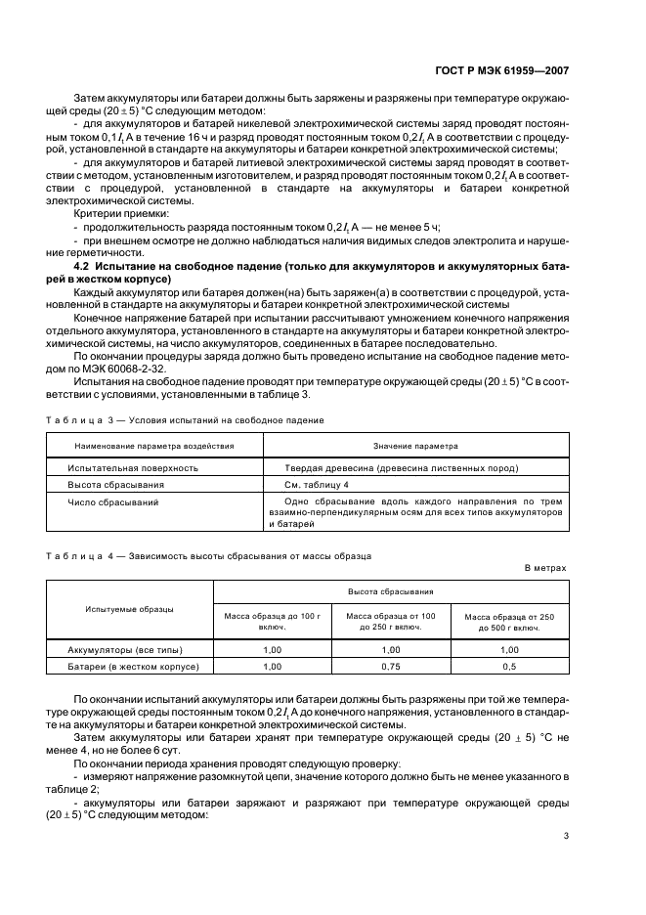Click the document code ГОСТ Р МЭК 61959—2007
point(515,71)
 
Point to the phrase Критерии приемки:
point(121,212)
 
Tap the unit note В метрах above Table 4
point(544,567)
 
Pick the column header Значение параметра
point(415,446)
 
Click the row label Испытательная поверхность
point(133,468)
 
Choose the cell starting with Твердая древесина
point(401,468)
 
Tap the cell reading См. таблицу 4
point(316,485)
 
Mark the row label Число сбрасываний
point(112,501)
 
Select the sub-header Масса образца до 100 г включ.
point(273,621)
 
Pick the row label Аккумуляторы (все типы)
point(125,649)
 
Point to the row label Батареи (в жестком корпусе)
point(133,666)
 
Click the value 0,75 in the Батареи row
point(391,666)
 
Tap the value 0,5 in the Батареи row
point(509,666)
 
